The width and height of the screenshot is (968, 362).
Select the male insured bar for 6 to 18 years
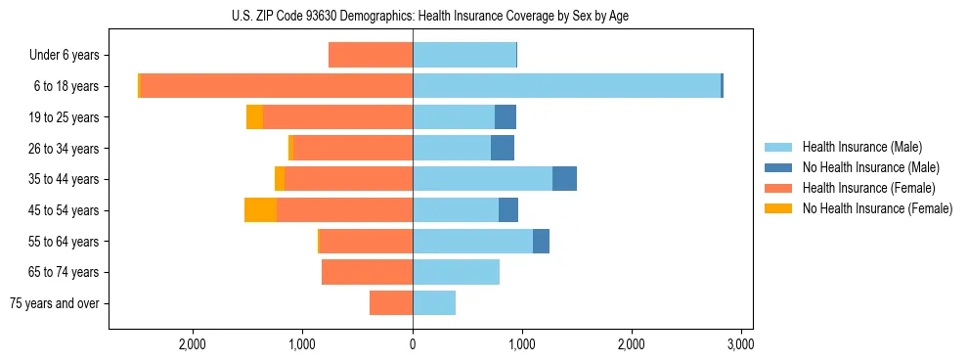(566, 85)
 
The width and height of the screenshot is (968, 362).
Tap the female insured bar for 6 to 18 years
(277, 85)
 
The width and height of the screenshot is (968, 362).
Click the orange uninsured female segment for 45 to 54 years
(260, 210)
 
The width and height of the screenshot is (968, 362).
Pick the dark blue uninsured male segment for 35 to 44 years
(564, 179)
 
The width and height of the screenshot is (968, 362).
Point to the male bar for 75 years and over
(434, 303)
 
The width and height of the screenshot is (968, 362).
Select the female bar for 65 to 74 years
(367, 272)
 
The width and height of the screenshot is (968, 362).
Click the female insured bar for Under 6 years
(371, 55)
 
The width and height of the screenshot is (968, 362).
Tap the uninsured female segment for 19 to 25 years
(254, 117)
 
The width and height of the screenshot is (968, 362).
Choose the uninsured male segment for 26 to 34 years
(503, 148)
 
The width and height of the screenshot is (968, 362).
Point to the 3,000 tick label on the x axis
(740, 344)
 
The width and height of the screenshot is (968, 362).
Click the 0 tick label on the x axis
(413, 344)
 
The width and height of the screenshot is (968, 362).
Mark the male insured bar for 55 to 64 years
(472, 242)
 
